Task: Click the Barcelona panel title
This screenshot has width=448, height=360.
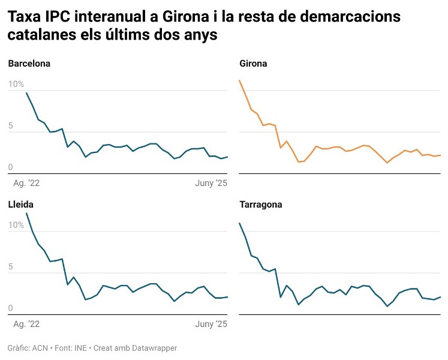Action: point(29,64)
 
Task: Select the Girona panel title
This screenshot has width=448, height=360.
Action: point(253,64)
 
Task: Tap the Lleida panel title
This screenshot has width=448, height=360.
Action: point(20,205)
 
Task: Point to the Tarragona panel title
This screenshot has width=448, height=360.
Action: point(260,205)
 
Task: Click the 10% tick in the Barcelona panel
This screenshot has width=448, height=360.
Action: point(16,85)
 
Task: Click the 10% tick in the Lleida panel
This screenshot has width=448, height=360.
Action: point(16,225)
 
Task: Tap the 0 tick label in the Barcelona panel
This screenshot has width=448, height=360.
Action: point(11,167)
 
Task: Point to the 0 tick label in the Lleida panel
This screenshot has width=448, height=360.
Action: point(11,308)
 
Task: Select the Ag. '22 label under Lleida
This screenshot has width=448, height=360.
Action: point(27,324)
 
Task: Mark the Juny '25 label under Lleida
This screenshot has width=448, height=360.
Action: point(212,324)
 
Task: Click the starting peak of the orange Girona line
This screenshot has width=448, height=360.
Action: point(239,80)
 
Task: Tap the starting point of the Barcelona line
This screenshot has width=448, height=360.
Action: point(26,92)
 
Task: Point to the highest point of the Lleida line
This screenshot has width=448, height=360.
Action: point(26,213)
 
